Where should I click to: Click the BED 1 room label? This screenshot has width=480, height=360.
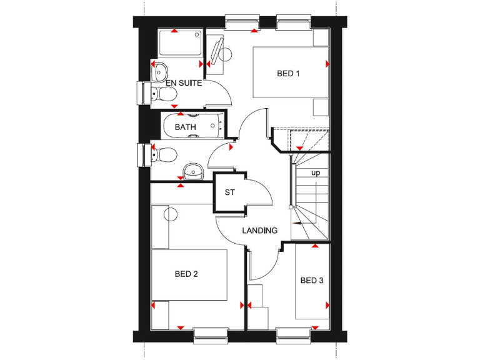click(x=288, y=74)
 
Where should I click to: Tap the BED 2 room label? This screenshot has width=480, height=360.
click(x=186, y=274)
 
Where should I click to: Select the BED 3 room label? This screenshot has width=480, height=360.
click(x=312, y=281)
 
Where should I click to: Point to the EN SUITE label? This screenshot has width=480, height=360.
click(x=184, y=83)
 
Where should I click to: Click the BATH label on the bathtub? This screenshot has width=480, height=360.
click(x=185, y=127)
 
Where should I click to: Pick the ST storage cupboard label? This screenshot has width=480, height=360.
click(x=230, y=192)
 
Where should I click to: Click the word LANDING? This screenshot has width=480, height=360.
click(x=260, y=231)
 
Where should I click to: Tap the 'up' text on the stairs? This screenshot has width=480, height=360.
click(x=316, y=172)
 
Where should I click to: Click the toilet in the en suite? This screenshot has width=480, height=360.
click(x=164, y=94)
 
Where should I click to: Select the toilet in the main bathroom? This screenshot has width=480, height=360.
click(x=164, y=153)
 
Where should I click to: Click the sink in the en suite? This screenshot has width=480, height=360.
click(x=159, y=69)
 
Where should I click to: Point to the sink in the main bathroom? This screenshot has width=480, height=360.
click(x=193, y=170)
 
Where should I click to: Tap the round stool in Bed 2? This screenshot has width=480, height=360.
click(x=171, y=214)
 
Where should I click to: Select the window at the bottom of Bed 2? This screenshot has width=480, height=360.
click(x=211, y=336)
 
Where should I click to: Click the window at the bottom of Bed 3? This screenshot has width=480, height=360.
click(x=294, y=336)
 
